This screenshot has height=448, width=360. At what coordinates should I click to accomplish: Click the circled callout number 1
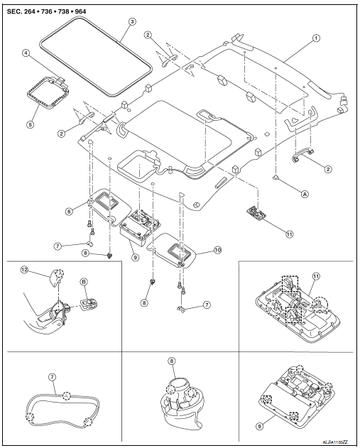316,38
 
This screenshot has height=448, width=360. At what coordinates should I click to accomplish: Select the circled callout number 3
131,21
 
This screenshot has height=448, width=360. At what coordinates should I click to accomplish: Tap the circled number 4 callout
26,53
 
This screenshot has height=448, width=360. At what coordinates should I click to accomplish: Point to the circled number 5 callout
30,124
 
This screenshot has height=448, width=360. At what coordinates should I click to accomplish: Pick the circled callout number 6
69,212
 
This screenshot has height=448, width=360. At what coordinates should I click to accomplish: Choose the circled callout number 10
218,251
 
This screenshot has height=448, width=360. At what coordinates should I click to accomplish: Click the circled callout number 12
25,269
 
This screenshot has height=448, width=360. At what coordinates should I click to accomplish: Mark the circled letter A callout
305,194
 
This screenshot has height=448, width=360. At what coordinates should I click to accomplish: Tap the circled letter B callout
84,282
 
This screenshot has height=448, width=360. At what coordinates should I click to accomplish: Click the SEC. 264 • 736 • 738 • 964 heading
46,11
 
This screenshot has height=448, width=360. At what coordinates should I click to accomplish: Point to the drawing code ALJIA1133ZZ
335,442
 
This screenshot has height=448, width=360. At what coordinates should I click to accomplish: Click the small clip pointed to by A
276,177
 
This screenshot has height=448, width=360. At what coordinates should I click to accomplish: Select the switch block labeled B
88,305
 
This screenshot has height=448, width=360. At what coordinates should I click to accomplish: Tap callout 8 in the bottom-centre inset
171,361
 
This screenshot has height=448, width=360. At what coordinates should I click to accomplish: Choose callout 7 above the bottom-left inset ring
52,377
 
